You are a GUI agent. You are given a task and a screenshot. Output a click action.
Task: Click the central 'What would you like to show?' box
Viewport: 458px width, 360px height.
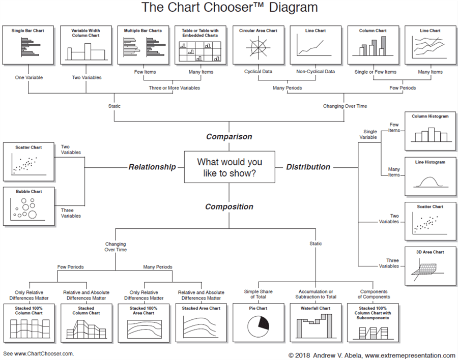coord(229,167)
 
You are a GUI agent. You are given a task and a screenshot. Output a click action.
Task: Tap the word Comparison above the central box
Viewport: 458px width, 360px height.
coord(229,137)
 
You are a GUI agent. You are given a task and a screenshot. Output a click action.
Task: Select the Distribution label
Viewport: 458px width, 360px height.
coord(308,167)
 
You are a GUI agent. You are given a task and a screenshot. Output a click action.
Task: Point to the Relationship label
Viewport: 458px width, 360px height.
coord(152,167)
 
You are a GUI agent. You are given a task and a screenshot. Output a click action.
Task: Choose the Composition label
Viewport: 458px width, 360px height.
coord(229,207)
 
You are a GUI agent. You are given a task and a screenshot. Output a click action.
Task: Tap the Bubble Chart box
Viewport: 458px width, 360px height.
coord(28,206)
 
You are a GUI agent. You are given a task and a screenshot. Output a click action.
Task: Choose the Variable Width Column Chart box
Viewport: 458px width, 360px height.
coord(85,45)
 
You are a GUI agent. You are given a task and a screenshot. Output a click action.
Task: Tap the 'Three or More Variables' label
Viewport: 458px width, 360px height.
coord(174,88)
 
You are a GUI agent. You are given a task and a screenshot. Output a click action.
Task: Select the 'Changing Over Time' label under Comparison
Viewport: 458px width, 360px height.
coord(345,106)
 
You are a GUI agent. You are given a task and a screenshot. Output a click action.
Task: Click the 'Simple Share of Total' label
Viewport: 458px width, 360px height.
coord(258,294)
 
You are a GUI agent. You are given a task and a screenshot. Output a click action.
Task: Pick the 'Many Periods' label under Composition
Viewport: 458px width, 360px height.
coord(158,267)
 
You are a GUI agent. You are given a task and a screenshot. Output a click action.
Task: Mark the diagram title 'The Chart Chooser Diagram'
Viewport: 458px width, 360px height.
coord(229,8)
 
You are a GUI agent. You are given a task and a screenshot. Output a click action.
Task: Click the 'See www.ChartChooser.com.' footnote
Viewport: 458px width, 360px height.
coord(39,353)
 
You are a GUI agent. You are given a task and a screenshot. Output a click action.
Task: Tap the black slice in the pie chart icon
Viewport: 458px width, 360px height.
coord(263,322)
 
